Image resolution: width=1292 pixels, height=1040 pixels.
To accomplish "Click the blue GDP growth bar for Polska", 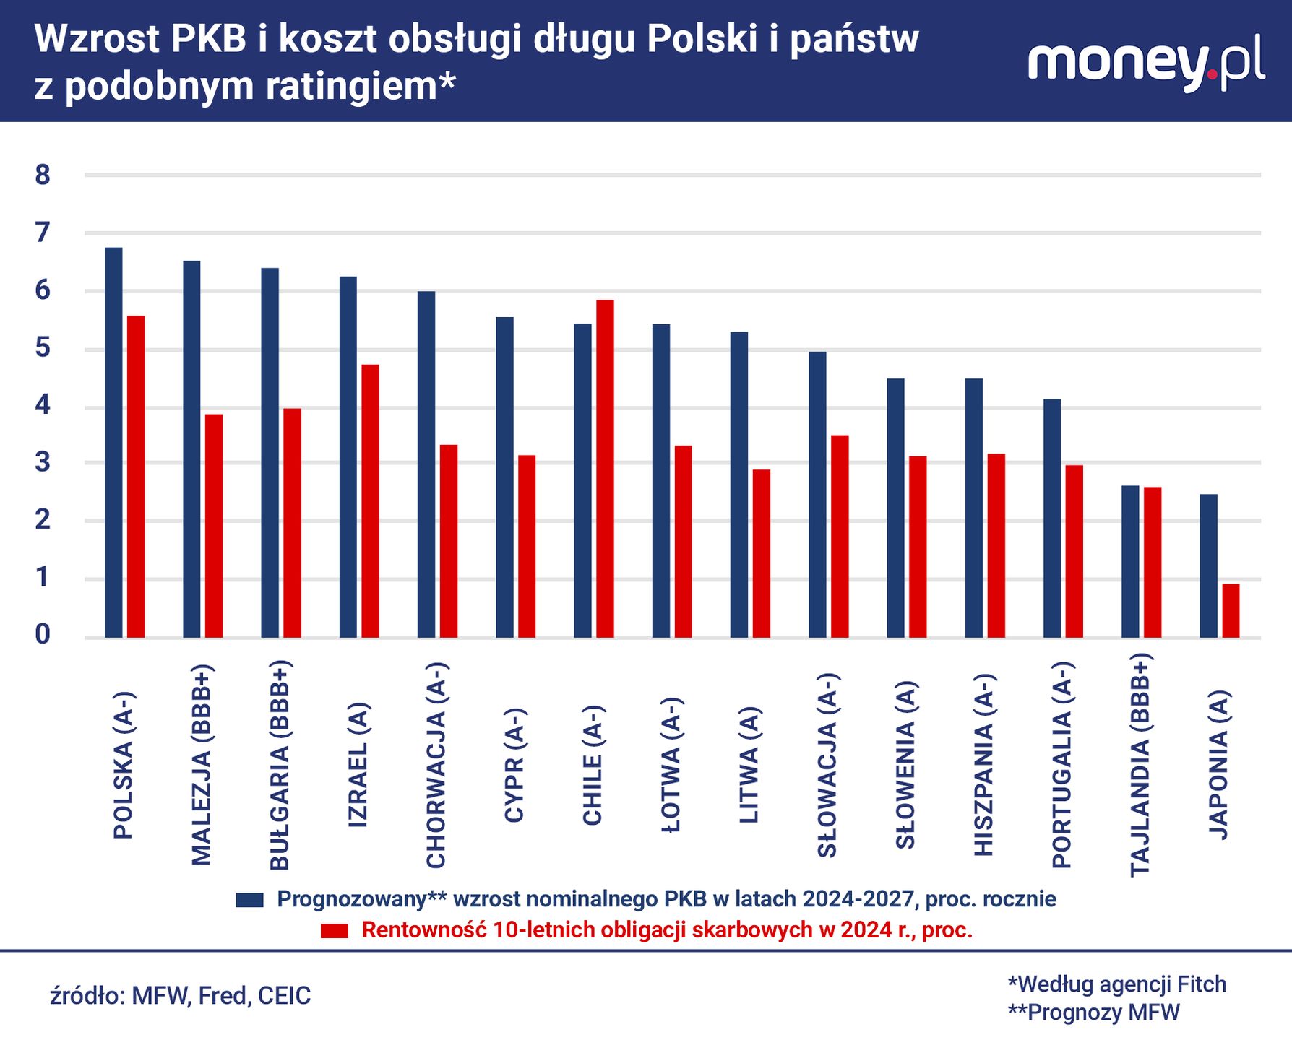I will coord(113,442).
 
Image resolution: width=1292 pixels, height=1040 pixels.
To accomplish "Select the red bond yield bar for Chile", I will coord(605,468).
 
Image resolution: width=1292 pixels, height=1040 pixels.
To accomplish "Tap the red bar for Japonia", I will coord(1231,610).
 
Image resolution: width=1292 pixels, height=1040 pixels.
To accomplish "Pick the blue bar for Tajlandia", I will coord(1130,561).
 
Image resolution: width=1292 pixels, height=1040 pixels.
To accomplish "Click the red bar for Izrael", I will coord(370,500).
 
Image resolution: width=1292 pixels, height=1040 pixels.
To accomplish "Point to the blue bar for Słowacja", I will coord(817,494).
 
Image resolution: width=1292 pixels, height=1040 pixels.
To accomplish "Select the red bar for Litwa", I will coord(762,553).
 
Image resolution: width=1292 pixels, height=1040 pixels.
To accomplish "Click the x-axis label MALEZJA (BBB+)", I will coord(201,764).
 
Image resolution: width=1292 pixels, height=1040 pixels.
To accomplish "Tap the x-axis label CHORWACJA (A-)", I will coord(436,764).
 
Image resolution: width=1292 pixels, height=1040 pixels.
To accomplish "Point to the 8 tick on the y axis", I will coord(43,175).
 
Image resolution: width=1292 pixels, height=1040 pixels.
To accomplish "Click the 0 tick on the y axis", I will coord(43,635).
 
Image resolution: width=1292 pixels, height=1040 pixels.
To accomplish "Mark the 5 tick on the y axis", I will coord(43,348).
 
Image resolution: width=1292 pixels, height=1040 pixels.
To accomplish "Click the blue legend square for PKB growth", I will coord(250,900).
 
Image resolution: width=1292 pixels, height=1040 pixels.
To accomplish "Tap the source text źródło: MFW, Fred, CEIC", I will coord(181,996).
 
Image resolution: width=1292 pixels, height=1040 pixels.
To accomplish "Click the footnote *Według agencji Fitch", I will coord(1116,984).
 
